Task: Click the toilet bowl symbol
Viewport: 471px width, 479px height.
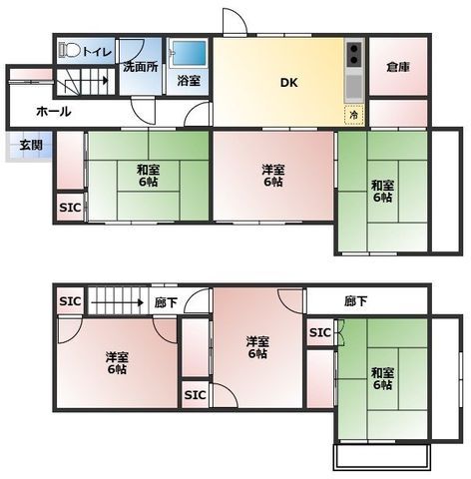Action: tap(70, 51)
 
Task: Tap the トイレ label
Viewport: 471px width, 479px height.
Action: tap(97, 52)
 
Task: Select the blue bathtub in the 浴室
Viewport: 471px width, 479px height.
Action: tap(189, 53)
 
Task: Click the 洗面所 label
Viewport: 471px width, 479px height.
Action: tap(141, 67)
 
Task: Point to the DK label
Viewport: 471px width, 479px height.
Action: tap(288, 83)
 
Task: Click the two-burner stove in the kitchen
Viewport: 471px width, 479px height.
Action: tap(354, 54)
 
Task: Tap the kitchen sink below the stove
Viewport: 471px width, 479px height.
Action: tap(354, 87)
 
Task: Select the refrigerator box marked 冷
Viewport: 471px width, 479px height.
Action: tap(354, 115)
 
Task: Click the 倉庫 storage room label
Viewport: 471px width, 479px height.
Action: tap(398, 67)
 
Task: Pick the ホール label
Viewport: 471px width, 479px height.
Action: tap(54, 112)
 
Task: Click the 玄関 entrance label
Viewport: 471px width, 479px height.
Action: tap(31, 145)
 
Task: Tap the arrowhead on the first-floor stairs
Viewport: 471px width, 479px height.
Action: tap(106, 80)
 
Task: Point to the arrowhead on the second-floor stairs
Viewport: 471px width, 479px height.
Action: tap(141, 302)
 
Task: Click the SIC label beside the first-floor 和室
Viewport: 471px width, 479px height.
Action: tap(70, 208)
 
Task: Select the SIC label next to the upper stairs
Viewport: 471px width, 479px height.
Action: tap(70, 301)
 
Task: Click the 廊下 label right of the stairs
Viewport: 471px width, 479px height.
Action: tap(166, 302)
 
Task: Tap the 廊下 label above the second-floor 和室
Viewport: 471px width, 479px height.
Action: tap(355, 301)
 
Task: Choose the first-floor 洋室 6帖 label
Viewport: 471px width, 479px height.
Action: tap(272, 176)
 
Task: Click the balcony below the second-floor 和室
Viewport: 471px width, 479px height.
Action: tap(381, 457)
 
